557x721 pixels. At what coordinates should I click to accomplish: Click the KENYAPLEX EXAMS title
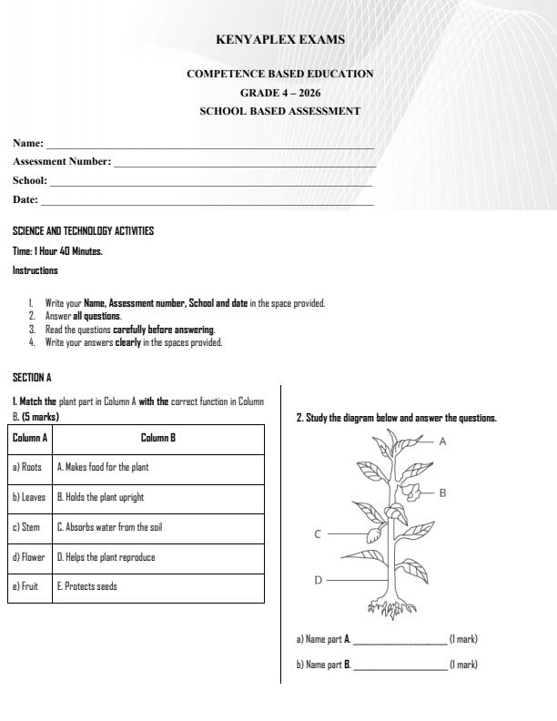[x=279, y=40]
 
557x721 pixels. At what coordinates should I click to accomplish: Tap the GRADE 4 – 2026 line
[x=279, y=93]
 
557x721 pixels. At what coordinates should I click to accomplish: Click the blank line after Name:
[x=209, y=146]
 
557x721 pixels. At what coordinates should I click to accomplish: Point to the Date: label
[x=25, y=199]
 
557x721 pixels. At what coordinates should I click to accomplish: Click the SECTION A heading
[x=33, y=377]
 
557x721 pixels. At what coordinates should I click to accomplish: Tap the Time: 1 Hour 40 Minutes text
[x=57, y=251]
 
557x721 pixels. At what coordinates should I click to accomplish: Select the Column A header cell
[x=30, y=438]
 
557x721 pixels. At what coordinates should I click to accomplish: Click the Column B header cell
[x=158, y=438]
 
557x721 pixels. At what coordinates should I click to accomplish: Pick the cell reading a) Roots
[x=28, y=467]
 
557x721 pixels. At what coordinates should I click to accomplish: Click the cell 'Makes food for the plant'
[x=103, y=467]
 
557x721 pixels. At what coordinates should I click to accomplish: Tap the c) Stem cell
[x=26, y=527]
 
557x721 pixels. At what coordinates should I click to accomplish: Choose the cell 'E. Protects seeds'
[x=87, y=587]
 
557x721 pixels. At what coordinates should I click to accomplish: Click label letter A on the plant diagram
[x=442, y=441]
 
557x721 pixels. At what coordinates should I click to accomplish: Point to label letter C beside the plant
[x=318, y=534]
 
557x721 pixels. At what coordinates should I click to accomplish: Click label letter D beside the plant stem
[x=318, y=579]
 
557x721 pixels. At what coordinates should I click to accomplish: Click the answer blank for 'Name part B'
[x=400, y=665]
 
